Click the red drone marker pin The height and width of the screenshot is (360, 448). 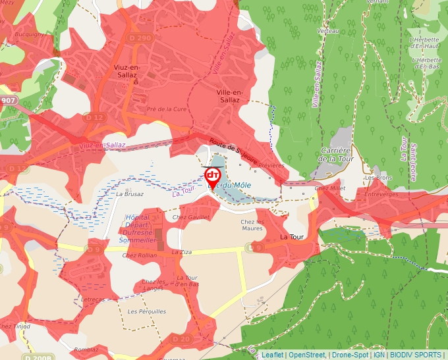pos(213,176)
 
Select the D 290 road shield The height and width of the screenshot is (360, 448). pos(144,39)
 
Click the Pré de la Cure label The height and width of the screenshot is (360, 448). pos(167,109)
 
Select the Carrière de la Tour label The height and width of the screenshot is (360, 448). pos(335,155)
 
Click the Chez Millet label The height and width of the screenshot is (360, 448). pos(330,188)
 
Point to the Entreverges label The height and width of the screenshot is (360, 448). pos(382,194)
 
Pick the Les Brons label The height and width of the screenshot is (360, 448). pos(378,178)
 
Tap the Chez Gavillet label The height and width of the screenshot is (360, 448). pos(190,217)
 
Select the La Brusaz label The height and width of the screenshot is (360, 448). pos(129,194)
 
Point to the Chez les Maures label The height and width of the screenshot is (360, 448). pos(252,225)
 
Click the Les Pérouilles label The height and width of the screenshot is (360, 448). pos(147,311)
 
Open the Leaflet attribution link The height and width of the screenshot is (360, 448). pos(272,355)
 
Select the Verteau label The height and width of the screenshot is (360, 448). pos(327,31)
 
